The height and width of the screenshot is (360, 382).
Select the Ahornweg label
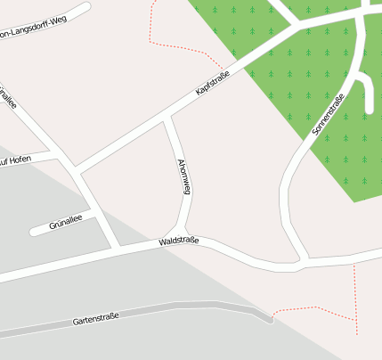pos(183,176)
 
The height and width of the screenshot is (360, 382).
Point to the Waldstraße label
pos(178,241)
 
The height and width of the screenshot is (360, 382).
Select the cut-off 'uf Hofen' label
pos(16,160)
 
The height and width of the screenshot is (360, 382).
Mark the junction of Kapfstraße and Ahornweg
pos(167,118)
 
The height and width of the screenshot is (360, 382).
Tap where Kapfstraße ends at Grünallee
pos(77,171)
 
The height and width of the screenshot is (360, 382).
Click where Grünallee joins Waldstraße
pos(116,246)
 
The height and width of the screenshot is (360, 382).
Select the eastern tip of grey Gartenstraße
pos(268,316)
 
